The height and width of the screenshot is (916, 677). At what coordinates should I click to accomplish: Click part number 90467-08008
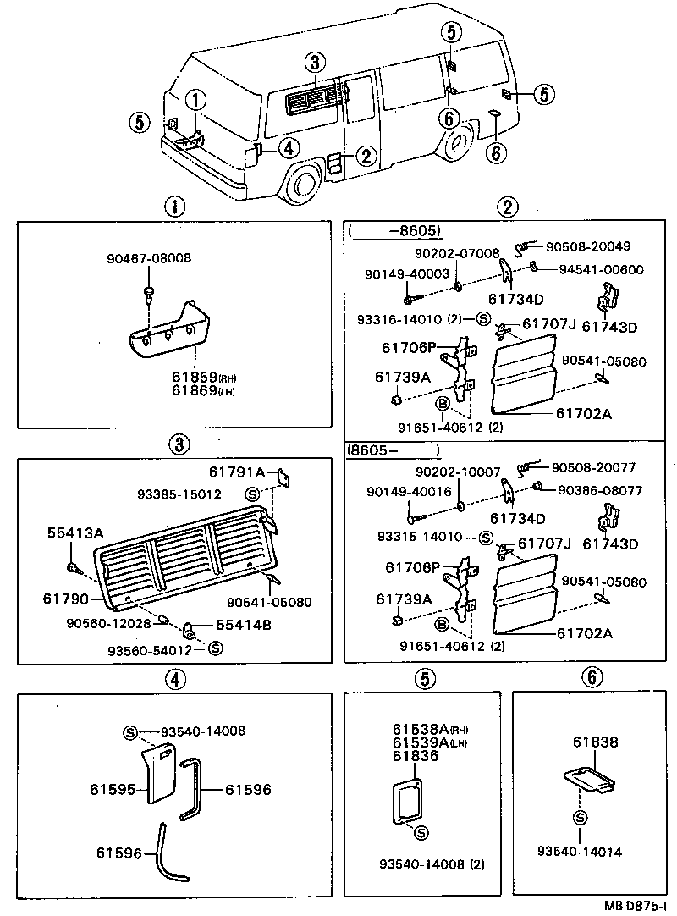point(148,257)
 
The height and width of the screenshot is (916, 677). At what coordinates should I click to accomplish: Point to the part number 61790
point(65,598)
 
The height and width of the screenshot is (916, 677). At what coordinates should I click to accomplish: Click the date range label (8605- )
point(394,451)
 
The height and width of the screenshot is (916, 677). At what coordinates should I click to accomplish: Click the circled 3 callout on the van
point(314,62)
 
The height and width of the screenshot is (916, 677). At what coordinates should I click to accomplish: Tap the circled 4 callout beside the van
point(288,148)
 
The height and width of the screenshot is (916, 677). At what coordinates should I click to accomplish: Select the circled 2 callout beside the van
point(366,155)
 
